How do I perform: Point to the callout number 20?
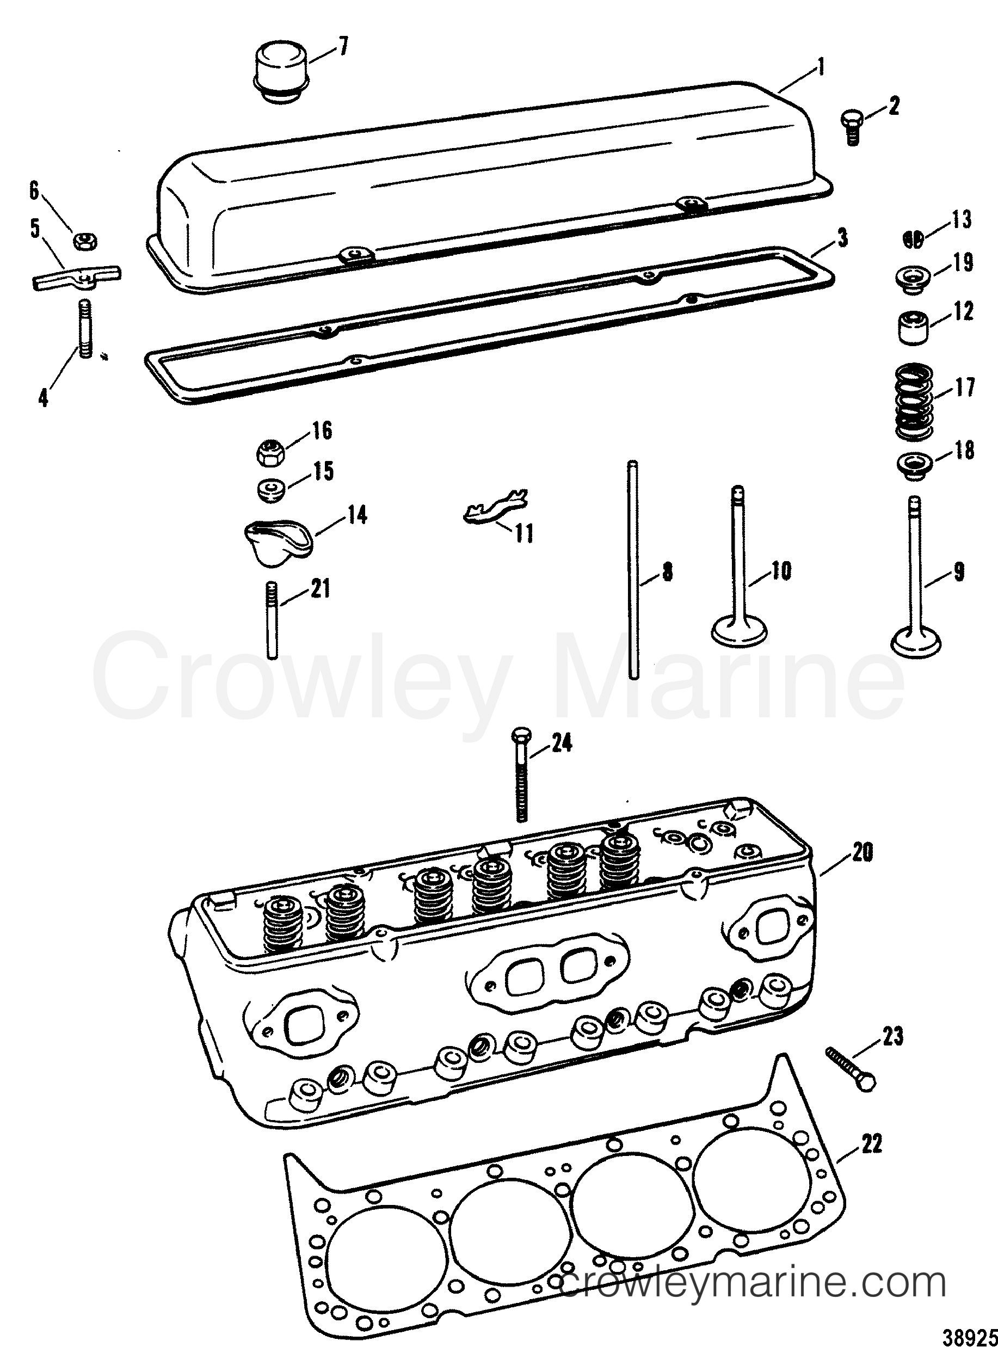pyautogui.click(x=862, y=852)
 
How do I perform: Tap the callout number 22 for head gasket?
pyautogui.click(x=872, y=1144)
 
